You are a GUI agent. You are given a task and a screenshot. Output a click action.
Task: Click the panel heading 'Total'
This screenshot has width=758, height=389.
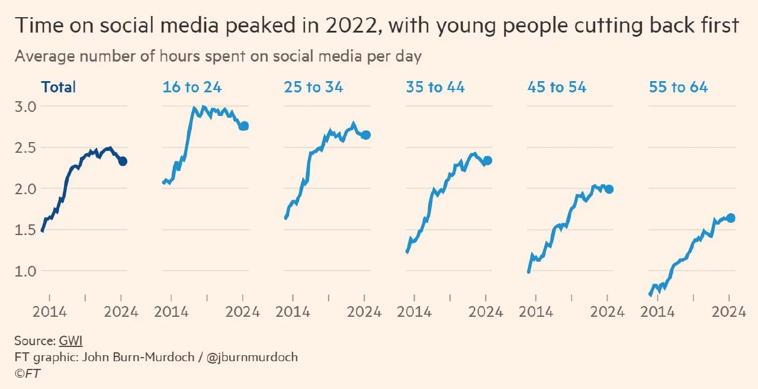[59, 87]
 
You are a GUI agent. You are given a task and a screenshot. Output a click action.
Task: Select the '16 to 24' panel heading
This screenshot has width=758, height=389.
[192, 87]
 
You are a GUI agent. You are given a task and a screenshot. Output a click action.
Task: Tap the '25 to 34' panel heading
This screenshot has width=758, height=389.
[313, 87]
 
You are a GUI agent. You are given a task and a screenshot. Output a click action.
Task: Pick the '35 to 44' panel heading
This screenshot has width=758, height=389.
[435, 87]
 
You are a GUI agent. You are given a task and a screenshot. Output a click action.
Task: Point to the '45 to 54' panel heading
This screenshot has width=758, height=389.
[557, 87]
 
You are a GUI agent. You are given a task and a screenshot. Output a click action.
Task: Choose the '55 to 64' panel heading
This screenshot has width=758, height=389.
[678, 87]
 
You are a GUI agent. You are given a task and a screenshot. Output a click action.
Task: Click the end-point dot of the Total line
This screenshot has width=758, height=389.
[123, 161]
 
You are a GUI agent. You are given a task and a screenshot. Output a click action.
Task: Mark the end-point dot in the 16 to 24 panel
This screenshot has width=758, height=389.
[244, 126]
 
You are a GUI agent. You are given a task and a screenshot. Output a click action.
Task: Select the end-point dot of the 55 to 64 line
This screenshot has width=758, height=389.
[731, 218]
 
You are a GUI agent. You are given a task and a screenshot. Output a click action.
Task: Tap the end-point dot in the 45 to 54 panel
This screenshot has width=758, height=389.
[609, 189]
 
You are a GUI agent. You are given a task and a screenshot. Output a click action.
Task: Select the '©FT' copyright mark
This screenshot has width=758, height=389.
[28, 374]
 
